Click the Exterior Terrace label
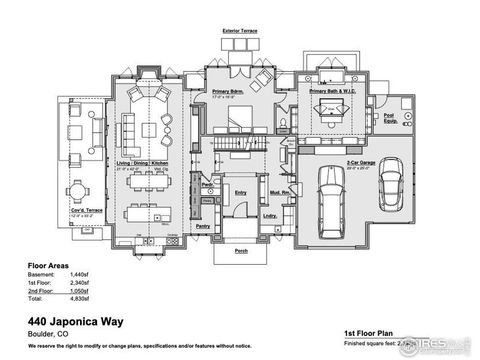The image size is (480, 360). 240,31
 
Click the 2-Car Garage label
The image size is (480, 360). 361,162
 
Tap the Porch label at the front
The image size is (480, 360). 240,252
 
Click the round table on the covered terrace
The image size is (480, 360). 78,190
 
